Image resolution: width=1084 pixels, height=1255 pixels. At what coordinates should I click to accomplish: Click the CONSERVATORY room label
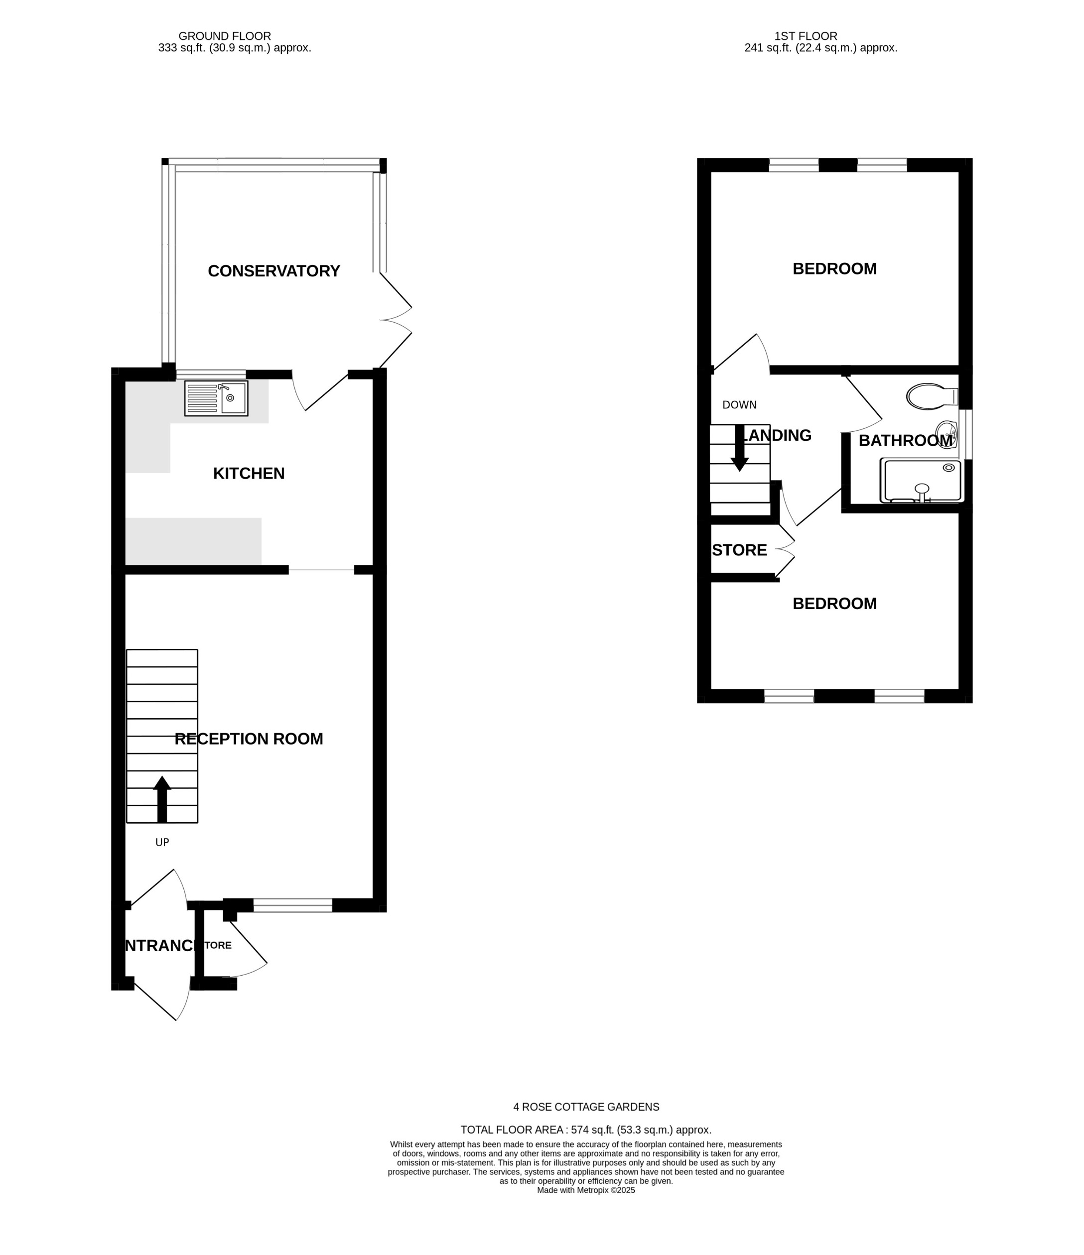tap(274, 271)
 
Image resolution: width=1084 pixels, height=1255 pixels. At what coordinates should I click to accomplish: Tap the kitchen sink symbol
tap(216, 398)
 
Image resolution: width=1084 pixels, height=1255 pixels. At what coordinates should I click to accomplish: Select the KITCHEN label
tap(249, 473)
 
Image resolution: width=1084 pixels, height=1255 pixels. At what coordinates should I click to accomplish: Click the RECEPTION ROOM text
tap(249, 739)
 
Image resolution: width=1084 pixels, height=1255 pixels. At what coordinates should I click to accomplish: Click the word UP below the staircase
tap(162, 842)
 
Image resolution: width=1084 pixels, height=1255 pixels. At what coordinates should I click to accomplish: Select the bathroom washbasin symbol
tap(947, 434)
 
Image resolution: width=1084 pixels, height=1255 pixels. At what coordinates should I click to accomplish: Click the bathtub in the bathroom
tap(921, 480)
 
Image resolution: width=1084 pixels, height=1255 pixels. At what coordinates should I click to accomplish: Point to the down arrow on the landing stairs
tap(739, 448)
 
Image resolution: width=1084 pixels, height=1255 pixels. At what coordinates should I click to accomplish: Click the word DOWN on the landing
tap(739, 404)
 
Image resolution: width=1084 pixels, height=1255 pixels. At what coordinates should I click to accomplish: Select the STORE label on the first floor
tap(739, 550)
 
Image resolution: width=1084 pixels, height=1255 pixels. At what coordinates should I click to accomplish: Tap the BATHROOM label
tap(905, 440)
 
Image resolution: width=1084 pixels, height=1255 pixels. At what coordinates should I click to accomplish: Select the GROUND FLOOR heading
tap(224, 36)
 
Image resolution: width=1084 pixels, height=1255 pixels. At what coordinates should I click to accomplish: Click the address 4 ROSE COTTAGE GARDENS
tap(586, 1107)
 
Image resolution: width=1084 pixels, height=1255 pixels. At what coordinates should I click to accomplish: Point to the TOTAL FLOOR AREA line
tap(586, 1129)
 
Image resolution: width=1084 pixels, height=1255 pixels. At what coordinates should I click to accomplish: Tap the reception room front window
tap(292, 905)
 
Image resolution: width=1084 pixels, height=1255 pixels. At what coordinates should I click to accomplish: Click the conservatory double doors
tap(395, 320)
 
